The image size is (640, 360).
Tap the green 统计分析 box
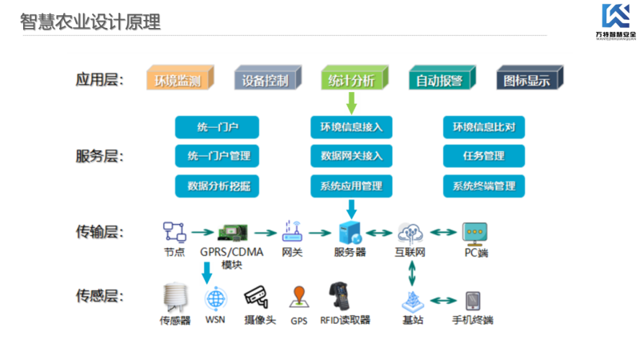(351, 79)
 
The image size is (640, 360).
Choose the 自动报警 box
(439, 79)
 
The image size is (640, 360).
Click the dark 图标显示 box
(528, 79)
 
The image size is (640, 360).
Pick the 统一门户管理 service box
(218, 156)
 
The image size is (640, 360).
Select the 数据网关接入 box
(351, 156)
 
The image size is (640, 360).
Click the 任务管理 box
(484, 156)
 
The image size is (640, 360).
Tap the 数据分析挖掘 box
(218, 186)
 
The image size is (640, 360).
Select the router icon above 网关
(291, 233)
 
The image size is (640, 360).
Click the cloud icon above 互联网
(410, 233)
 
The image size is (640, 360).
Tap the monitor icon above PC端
(476, 233)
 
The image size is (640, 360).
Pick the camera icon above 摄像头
(255, 298)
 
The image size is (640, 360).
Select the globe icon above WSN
(214, 299)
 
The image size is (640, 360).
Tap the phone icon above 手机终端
(472, 301)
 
